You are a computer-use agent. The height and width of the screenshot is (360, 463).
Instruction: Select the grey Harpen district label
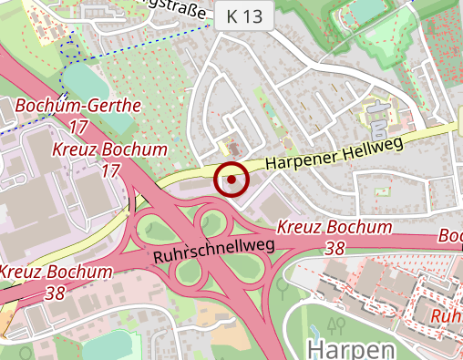[x=351, y=349]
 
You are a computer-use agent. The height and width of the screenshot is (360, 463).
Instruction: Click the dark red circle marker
[x=231, y=180]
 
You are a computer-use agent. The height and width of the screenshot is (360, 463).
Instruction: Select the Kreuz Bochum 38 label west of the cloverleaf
[x=56, y=281]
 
